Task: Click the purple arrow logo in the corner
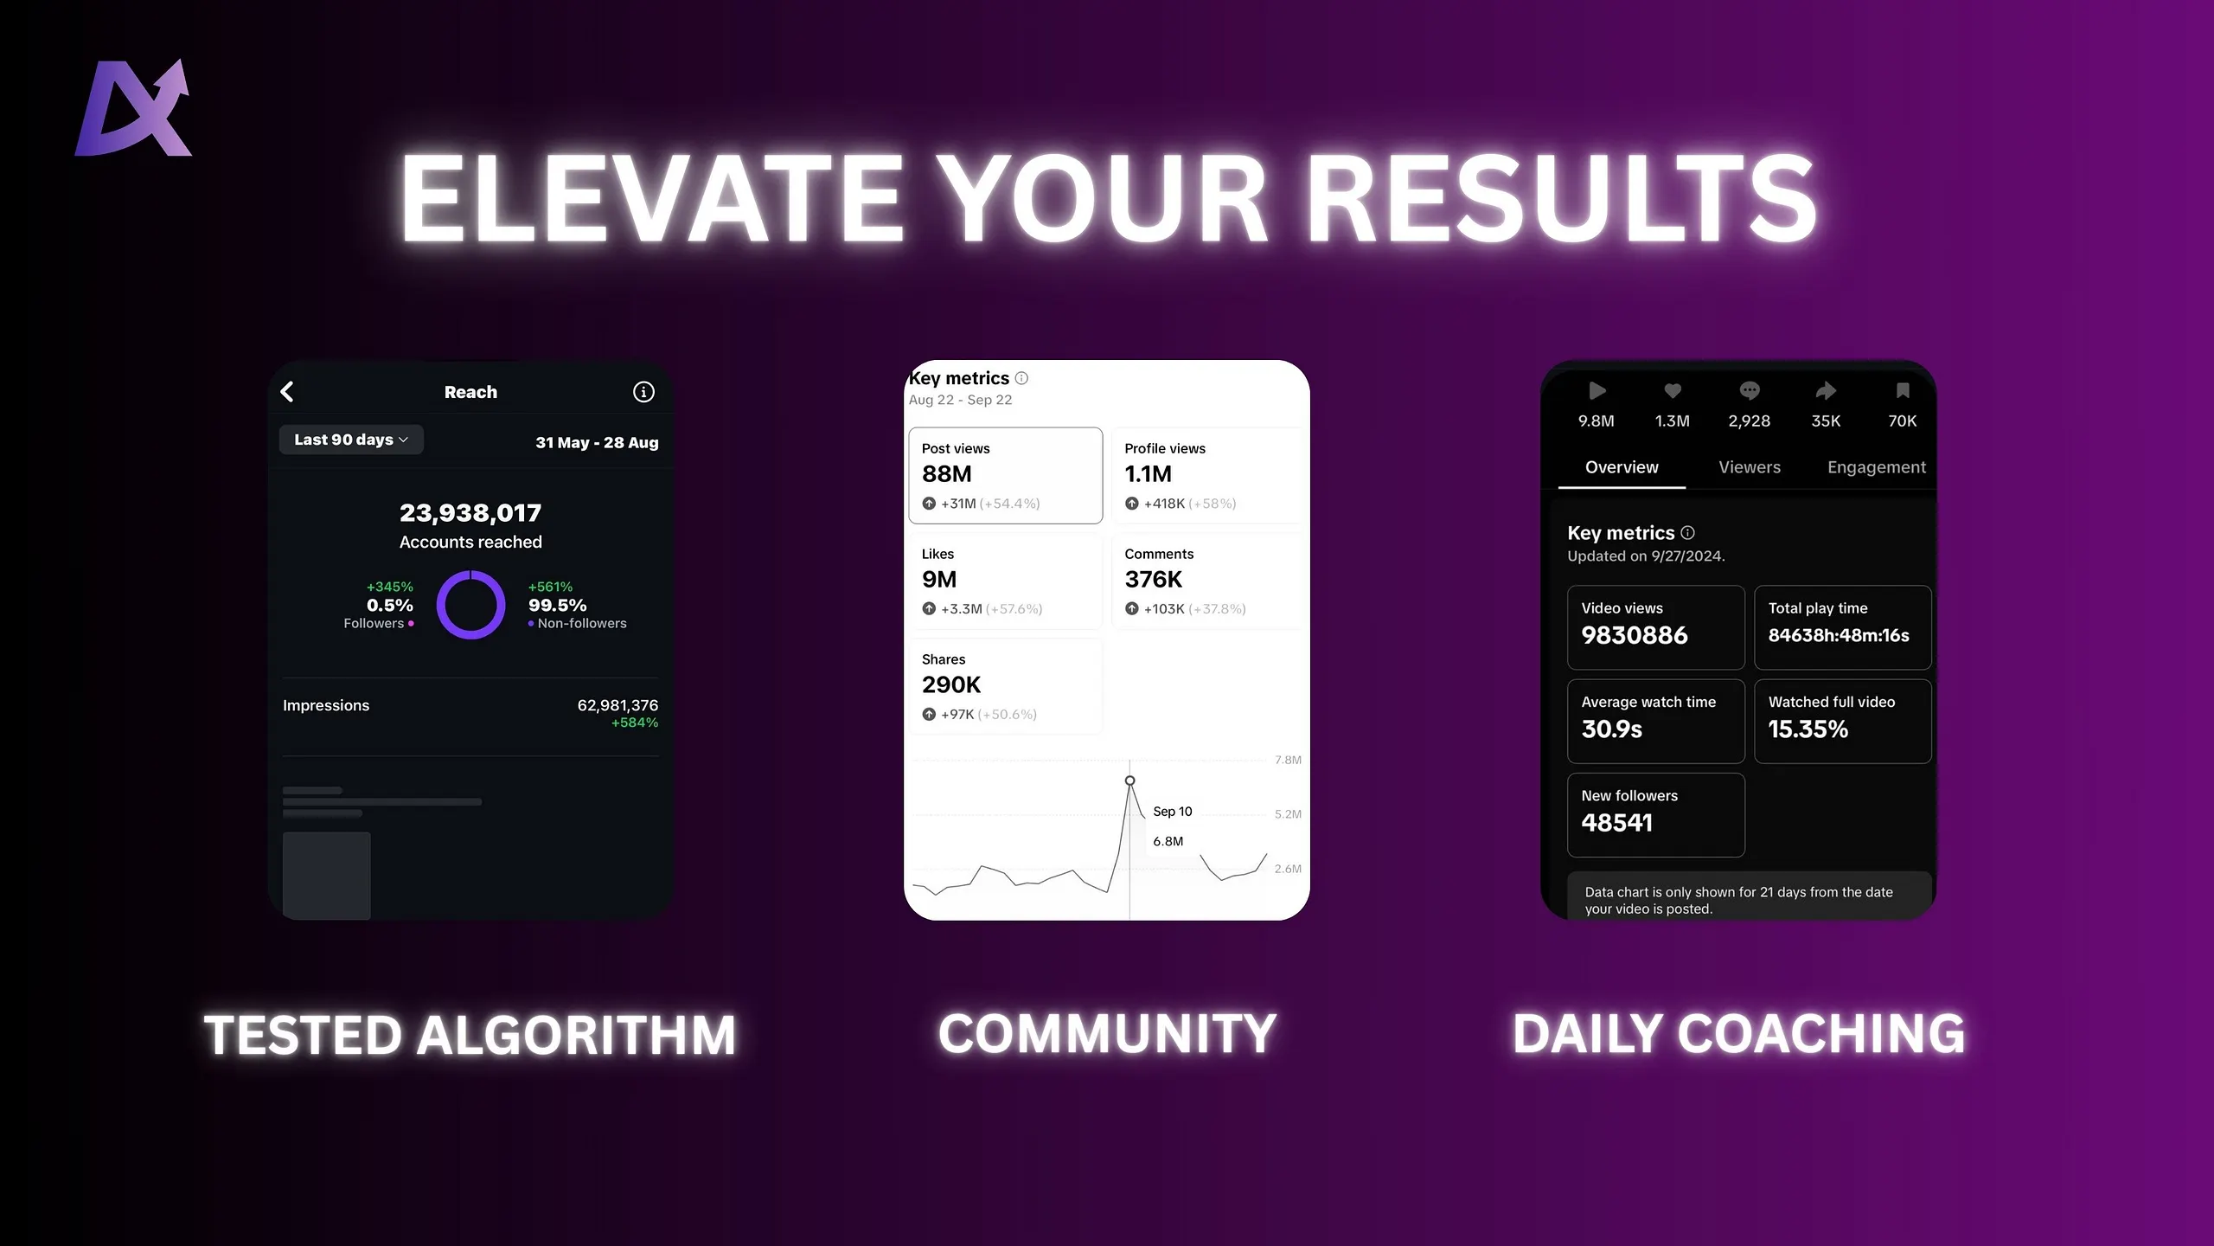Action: tap(134, 108)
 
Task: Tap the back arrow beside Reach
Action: tap(288, 392)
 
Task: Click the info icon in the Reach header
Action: tap(643, 392)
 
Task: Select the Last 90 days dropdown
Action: tap(351, 440)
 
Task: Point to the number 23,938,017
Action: tap(470, 513)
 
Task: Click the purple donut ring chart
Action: tap(470, 572)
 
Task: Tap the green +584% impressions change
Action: tap(635, 723)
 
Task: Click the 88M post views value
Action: tap(947, 474)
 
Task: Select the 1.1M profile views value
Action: tap(1149, 474)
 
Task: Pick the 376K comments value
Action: tap(1154, 580)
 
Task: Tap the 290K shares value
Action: tap(951, 685)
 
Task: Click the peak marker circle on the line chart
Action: tap(1129, 780)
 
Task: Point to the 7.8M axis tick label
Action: tap(1288, 760)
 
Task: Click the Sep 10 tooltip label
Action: tap(1173, 812)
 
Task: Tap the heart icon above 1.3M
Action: tap(1673, 391)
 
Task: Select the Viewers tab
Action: tap(1750, 467)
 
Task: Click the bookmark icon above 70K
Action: tap(1903, 391)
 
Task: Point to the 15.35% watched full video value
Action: tap(1808, 729)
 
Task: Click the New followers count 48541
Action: tap(1617, 823)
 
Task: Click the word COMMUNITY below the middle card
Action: tap(1107, 1034)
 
